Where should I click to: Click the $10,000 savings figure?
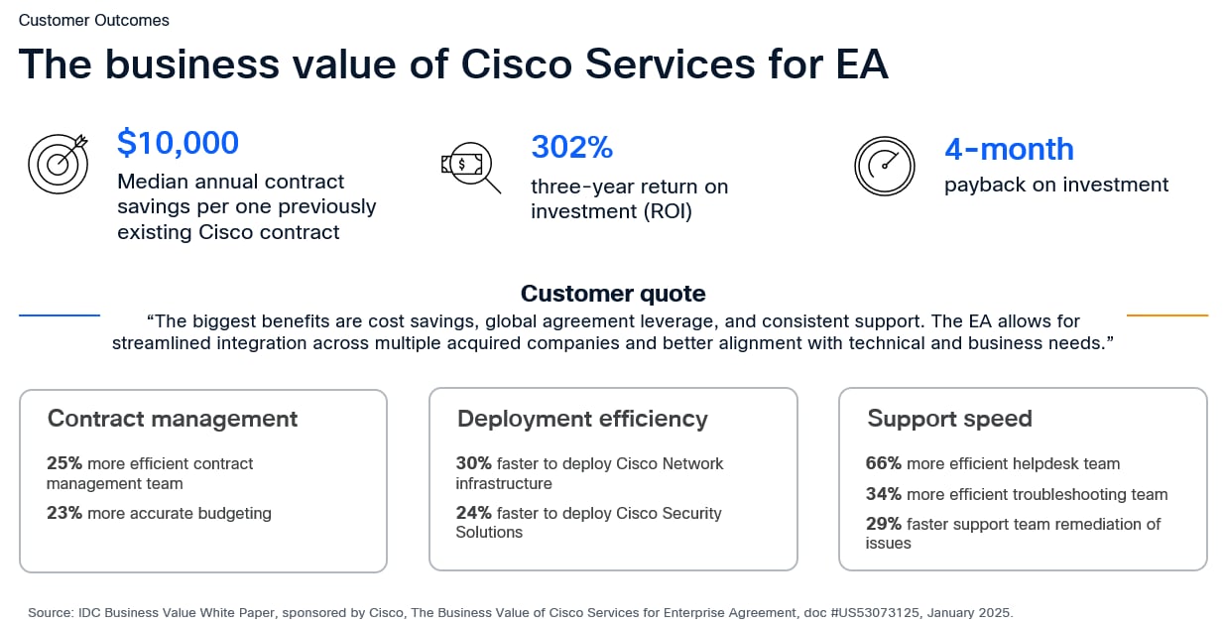[x=178, y=143]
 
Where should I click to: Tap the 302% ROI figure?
[x=572, y=147]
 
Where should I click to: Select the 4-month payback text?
[x=1009, y=149]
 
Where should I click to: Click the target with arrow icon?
[x=59, y=164]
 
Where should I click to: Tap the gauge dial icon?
[x=884, y=166]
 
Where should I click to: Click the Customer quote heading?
[x=613, y=294]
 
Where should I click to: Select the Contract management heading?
[x=173, y=419]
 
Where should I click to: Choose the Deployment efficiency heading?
[x=582, y=419]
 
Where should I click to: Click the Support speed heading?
[x=949, y=419]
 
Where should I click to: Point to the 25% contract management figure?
[x=64, y=463]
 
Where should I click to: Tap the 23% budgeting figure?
[x=64, y=513]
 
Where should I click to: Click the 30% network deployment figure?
[x=474, y=463]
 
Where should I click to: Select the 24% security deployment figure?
[x=474, y=513]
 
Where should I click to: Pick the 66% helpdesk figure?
[x=884, y=463]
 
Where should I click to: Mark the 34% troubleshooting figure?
[x=884, y=494]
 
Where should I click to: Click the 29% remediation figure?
[x=884, y=524]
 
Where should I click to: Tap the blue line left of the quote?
[x=60, y=315]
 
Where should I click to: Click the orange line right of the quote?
[x=1167, y=315]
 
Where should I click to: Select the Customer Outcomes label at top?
[x=94, y=20]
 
